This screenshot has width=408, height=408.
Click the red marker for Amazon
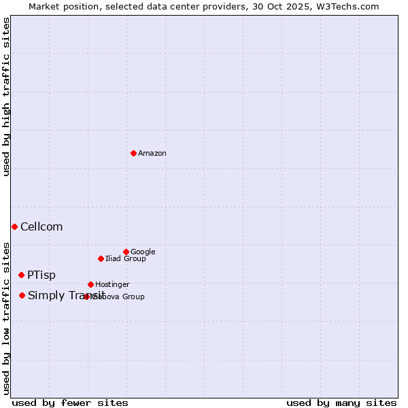coord(133,153)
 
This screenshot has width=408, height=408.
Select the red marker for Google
coord(126,252)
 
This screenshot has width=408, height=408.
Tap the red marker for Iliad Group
coord(101,258)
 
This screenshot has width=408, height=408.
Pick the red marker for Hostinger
coord(90,284)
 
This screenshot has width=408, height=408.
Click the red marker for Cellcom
coord(14,226)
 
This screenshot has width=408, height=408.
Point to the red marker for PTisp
coord(21,275)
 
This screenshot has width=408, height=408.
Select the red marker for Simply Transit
coord(22,295)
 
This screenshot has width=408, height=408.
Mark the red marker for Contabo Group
coord(86,296)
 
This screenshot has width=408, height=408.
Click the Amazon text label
coord(152,153)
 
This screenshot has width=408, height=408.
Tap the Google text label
coord(143,252)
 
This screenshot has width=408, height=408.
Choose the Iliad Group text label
coord(126,258)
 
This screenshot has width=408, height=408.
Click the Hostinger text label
coord(112,284)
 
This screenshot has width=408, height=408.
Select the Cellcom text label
coord(41,226)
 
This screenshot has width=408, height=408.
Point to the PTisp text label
coord(41,275)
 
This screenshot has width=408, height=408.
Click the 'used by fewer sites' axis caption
coord(70,403)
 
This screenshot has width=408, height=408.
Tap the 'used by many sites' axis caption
coord(341,403)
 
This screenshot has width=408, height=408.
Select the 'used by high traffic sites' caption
coord(6,97)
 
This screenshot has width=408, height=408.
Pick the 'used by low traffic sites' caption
coord(6,318)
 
